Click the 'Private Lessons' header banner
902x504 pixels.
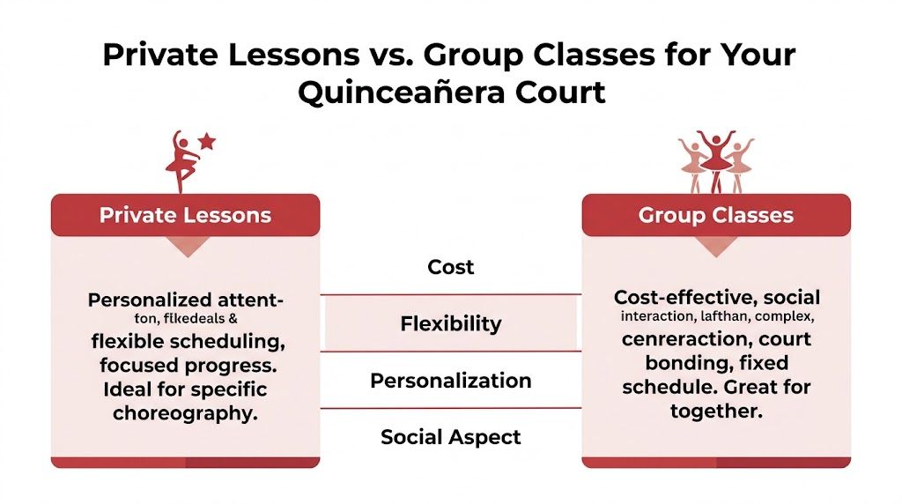pos(185,215)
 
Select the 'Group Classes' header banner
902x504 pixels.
pos(716,215)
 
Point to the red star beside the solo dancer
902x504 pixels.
pos(207,140)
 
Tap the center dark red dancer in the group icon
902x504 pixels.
pos(715,159)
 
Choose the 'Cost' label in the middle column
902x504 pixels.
pos(451,266)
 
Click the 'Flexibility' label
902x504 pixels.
pos(451,323)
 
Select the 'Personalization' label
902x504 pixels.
pos(451,381)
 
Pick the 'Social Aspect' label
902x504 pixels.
pos(451,437)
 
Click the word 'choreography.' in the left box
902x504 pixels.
pos(185,413)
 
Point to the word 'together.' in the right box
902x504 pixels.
pos(716,411)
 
